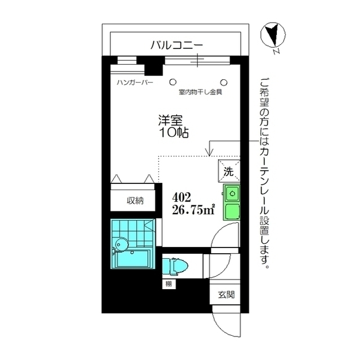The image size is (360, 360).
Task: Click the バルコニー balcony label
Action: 176,46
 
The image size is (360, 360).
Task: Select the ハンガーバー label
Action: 135,82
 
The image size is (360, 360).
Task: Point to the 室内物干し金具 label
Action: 201,92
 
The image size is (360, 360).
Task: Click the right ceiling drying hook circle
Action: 223,80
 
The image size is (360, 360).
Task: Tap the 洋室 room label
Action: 170,120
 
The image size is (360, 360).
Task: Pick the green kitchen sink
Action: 232,193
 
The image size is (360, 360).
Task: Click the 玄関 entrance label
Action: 227,294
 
